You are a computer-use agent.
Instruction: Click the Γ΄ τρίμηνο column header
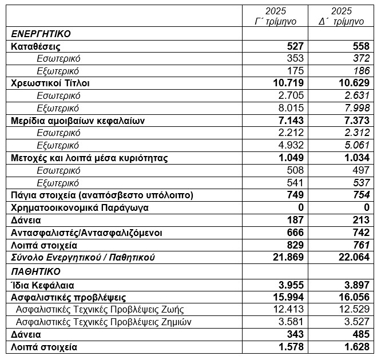[275, 16]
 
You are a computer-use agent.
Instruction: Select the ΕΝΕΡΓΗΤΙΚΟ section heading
[41, 34]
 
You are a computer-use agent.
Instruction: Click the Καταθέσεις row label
[35, 46]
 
